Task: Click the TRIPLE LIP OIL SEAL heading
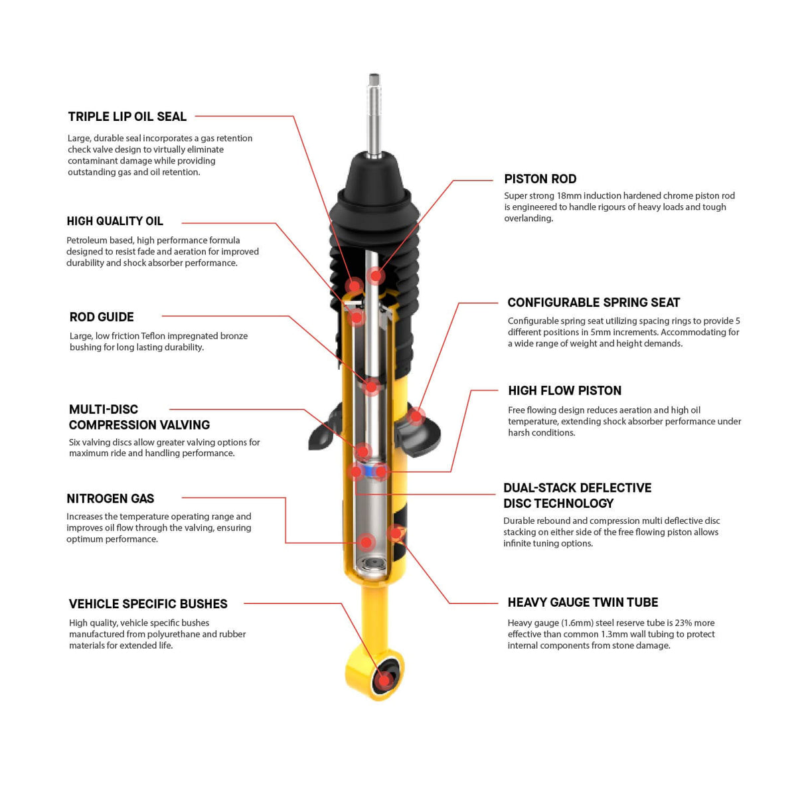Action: [127, 117]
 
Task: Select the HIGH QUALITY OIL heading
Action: [115, 221]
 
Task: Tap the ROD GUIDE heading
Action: [102, 317]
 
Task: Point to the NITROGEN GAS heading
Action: [110, 499]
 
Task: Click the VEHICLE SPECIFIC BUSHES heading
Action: [148, 604]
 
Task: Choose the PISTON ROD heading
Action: [540, 179]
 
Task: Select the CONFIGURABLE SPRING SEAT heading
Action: [594, 303]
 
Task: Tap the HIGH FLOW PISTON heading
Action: [564, 391]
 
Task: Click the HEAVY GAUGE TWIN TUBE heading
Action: [583, 603]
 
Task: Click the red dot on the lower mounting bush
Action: [383, 680]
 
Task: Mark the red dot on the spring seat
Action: [416, 416]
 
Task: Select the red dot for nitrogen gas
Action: [366, 542]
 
